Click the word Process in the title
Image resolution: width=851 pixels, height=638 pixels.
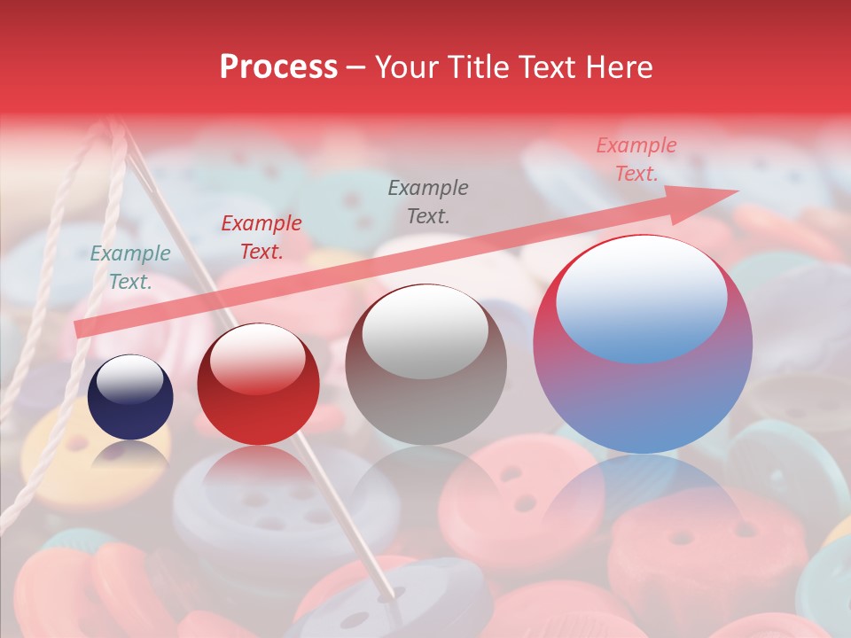point(278,67)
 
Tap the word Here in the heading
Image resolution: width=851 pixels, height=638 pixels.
point(617,67)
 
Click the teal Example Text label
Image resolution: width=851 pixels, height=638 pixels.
point(130,268)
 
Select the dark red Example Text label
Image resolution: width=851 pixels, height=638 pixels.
point(262,237)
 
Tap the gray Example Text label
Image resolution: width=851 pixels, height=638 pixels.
point(428,201)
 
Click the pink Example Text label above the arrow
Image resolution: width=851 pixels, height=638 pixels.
point(636,159)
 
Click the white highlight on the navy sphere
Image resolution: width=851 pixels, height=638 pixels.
point(129,379)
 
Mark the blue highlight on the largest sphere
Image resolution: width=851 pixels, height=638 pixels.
point(642,297)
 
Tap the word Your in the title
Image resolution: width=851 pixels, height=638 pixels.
point(408,67)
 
